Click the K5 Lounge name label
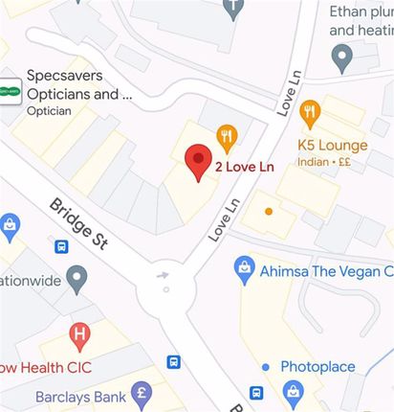point(332,146)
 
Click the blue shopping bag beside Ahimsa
point(245,268)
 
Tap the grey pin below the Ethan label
point(341,59)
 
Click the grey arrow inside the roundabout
point(164,275)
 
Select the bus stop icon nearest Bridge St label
point(62,247)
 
